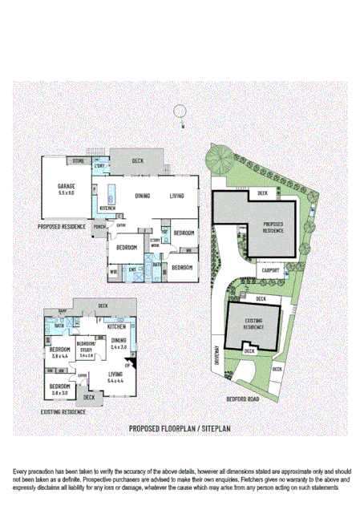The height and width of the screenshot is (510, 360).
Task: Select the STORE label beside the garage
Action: (x=78, y=162)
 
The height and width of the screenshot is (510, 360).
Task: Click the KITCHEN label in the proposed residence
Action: (x=108, y=208)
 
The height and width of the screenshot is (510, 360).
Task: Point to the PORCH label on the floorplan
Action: (x=100, y=227)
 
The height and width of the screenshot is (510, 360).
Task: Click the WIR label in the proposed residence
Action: (x=113, y=272)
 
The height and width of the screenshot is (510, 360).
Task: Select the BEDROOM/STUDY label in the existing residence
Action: (x=86, y=347)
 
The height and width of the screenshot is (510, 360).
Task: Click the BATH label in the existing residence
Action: (x=59, y=326)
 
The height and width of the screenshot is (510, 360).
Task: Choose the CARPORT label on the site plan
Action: (x=271, y=270)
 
